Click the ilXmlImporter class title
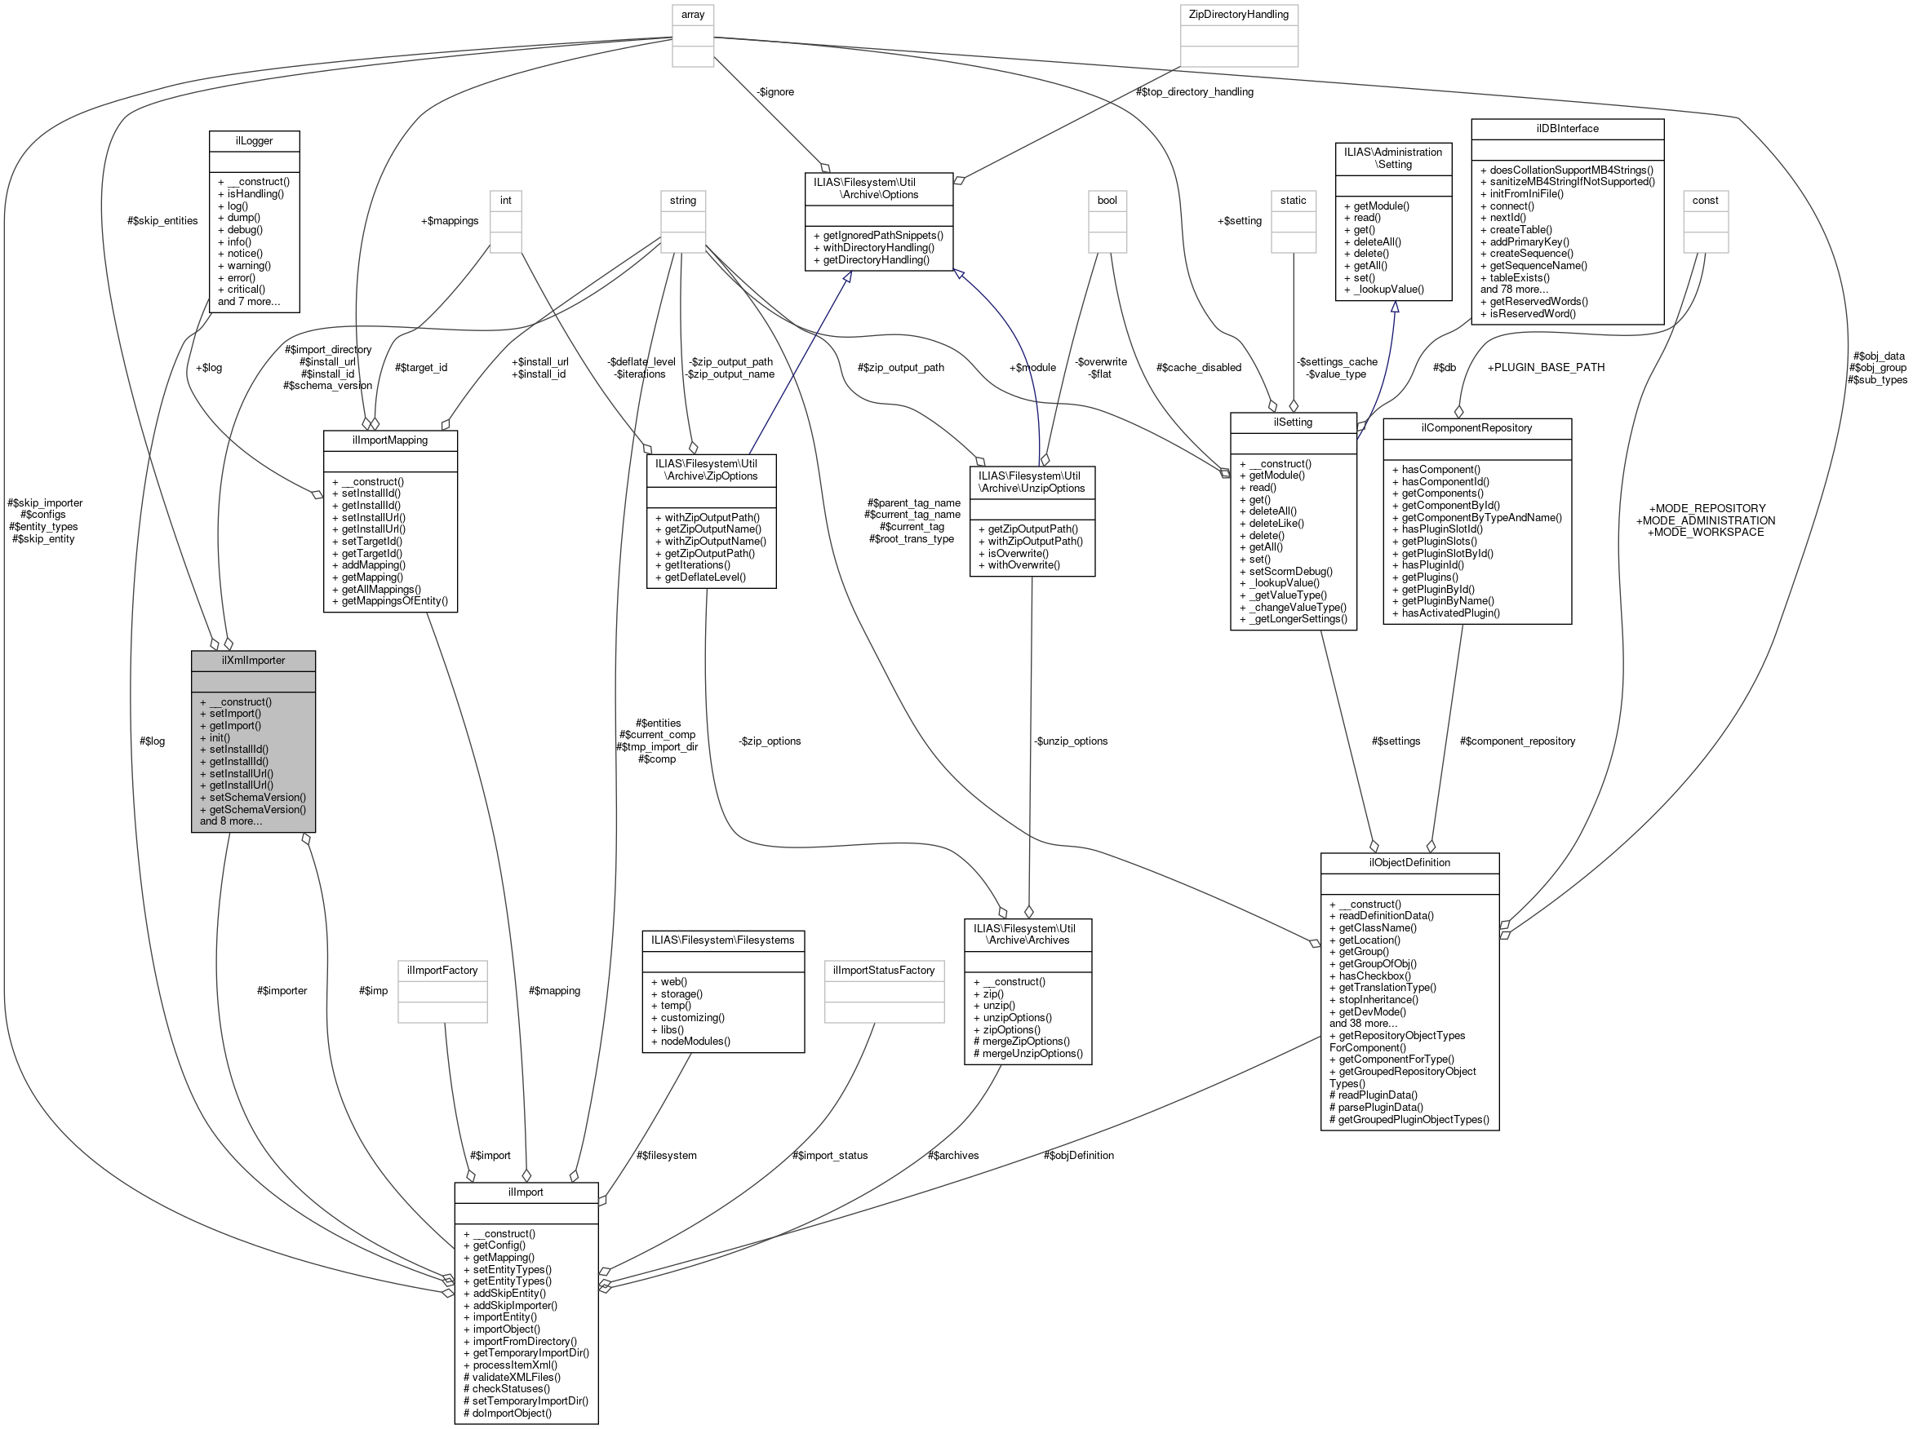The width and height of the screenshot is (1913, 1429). tap(252, 661)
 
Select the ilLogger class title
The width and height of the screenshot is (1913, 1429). tap(255, 141)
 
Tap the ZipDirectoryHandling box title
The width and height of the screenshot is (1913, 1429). tap(1238, 15)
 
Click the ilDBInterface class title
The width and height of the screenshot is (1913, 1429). tap(1567, 129)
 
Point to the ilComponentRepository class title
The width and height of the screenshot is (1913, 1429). tap(1476, 428)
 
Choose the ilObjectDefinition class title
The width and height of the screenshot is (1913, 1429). tap(1409, 863)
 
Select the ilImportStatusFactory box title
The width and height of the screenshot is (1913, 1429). tap(884, 970)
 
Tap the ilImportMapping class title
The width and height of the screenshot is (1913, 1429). tap(389, 440)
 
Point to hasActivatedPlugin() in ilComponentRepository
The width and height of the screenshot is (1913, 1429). tap(1450, 613)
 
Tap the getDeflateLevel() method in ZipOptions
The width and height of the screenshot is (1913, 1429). tap(705, 577)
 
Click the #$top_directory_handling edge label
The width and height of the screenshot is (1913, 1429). tap(1194, 91)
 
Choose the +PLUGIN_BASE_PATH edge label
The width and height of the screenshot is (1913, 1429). tap(1546, 367)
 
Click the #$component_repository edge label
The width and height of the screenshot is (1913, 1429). tap(1517, 741)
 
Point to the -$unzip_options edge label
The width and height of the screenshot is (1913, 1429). tap(1071, 741)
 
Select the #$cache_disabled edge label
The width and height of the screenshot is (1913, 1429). tap(1198, 367)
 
